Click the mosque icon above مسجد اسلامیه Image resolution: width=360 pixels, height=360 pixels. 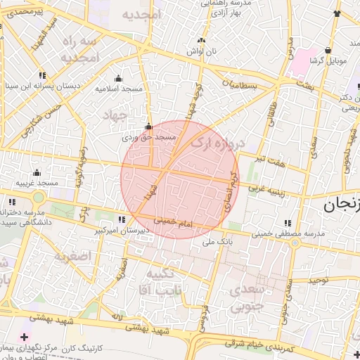[117, 78]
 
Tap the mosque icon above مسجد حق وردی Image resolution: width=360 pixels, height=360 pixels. [148, 127]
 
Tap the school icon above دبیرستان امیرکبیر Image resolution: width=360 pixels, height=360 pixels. [123, 219]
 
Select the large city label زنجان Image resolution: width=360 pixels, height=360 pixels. [341, 205]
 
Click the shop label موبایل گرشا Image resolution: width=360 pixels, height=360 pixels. [328, 61]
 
